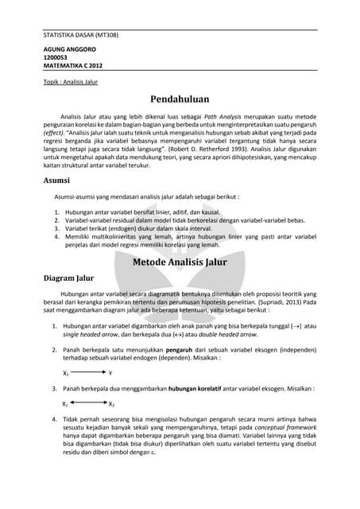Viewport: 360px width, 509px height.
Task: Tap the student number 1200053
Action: tap(56, 58)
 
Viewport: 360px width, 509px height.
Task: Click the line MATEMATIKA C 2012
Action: tap(73, 66)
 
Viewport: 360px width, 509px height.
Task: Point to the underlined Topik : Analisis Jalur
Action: tap(71, 81)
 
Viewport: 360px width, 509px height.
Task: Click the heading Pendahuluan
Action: tap(180, 99)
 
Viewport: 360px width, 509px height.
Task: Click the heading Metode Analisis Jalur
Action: tap(180, 261)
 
